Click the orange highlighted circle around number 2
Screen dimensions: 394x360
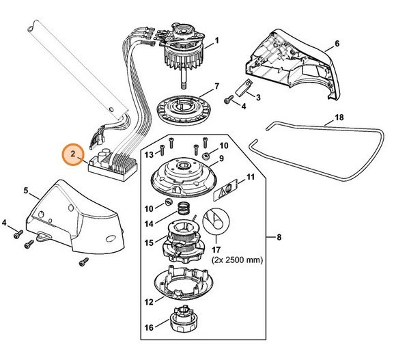tap(73, 154)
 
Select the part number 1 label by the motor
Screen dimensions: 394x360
tap(216, 40)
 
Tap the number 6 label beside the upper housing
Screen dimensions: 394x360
tap(337, 44)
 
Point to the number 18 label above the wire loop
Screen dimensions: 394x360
tap(339, 117)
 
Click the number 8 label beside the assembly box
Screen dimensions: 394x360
tap(279, 237)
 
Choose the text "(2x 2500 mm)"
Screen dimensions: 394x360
tap(237, 260)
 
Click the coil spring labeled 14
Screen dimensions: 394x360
tap(184, 208)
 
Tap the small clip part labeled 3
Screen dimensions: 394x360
tap(244, 87)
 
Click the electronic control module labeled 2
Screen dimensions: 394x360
tap(113, 165)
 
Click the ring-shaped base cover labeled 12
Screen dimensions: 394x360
tap(184, 283)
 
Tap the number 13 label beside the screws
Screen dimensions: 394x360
tap(149, 154)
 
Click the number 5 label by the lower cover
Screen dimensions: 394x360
tap(26, 191)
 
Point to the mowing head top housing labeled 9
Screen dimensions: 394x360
tap(184, 177)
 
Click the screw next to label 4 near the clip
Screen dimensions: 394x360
tap(228, 99)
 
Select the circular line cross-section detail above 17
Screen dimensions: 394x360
tap(216, 221)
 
